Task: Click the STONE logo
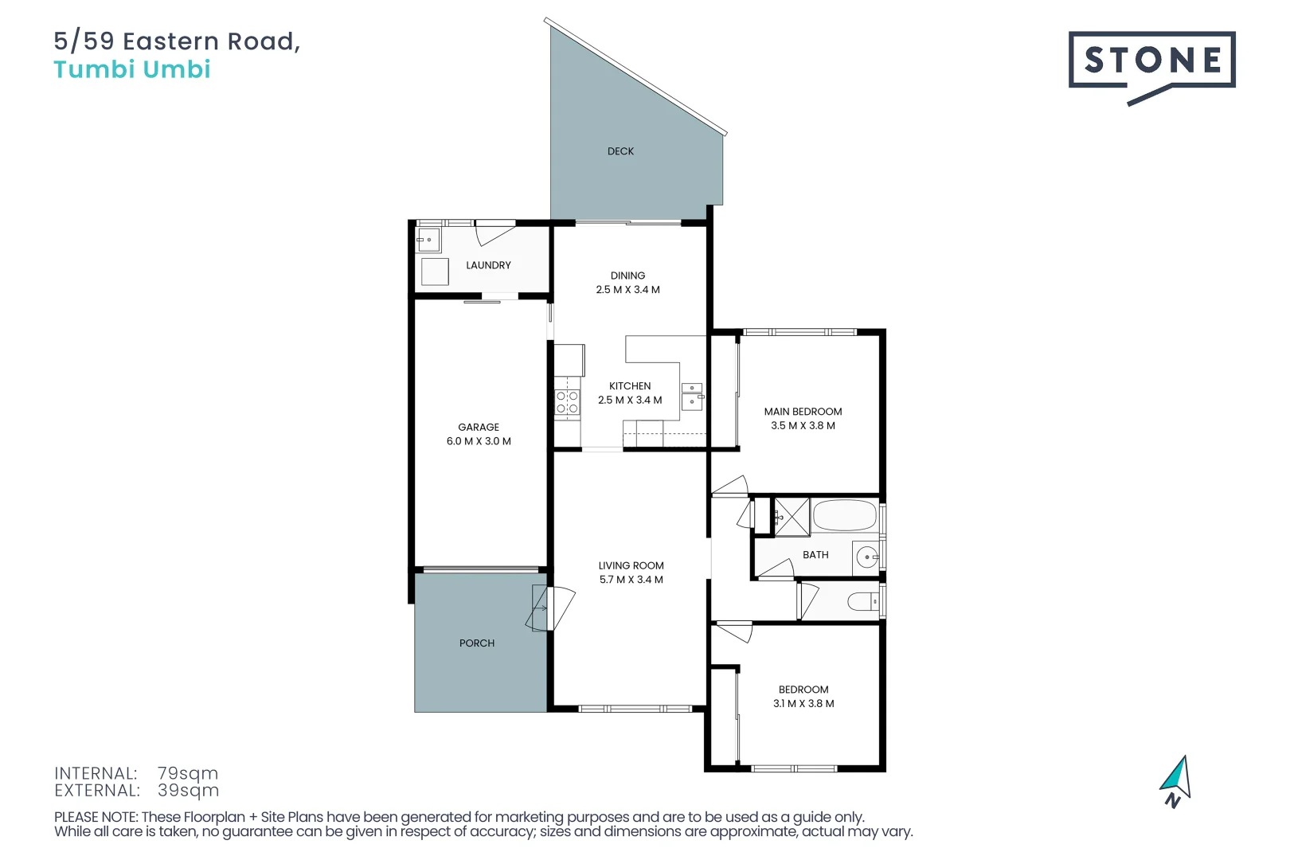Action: click(x=1151, y=61)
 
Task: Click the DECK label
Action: click(x=620, y=151)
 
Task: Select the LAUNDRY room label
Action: click(x=488, y=265)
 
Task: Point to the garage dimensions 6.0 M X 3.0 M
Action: click(x=479, y=441)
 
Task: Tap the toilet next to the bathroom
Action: click(x=862, y=601)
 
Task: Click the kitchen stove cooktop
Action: click(x=567, y=402)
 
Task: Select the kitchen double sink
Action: click(x=692, y=396)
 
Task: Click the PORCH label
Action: click(x=477, y=643)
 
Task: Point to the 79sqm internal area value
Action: click(x=187, y=773)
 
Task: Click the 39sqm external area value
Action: click(x=188, y=791)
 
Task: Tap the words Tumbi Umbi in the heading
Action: click(x=132, y=69)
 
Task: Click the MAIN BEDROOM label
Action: click(x=803, y=412)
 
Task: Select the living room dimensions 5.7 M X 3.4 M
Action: click(x=631, y=580)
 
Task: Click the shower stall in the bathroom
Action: click(x=792, y=517)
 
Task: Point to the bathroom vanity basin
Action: click(x=866, y=557)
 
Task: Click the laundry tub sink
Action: click(x=428, y=240)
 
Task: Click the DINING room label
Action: click(x=627, y=276)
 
